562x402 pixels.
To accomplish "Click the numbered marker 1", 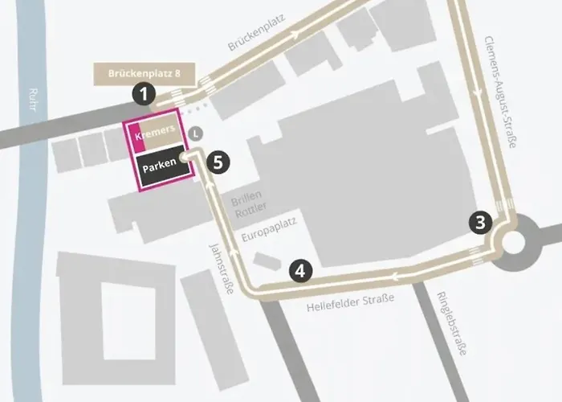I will (144, 94).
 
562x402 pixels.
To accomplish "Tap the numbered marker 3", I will (480, 223).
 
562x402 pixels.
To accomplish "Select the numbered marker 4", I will (299, 271).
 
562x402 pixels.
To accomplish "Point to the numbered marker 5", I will (217, 161).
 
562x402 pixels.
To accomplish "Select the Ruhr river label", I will (33, 105).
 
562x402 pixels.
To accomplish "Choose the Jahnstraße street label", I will (220, 268).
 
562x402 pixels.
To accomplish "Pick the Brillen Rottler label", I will (246, 207).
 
